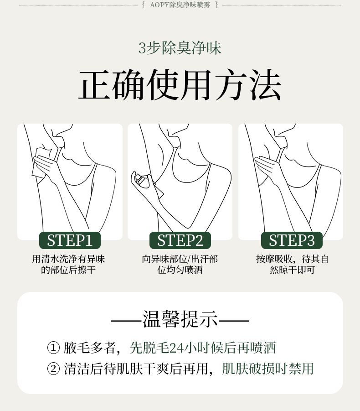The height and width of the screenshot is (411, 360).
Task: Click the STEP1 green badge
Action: [x=70, y=240]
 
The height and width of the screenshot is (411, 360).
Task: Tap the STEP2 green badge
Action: [x=180, y=240]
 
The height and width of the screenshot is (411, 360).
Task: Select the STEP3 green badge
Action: [x=292, y=240]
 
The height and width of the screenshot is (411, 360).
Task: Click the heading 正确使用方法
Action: [x=180, y=85]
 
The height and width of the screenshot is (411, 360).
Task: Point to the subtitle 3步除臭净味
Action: [x=180, y=48]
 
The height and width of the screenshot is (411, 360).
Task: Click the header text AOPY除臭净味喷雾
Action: [x=180, y=5]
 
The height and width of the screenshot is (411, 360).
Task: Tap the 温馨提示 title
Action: [x=180, y=319]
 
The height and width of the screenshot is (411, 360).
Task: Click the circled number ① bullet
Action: [x=53, y=348]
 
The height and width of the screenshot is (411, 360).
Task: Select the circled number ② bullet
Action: [x=53, y=369]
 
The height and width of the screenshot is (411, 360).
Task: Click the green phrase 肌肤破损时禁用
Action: [x=267, y=369]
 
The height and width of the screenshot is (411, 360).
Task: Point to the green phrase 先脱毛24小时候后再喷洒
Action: [x=203, y=348]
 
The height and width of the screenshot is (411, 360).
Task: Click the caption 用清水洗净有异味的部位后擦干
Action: [x=68, y=264]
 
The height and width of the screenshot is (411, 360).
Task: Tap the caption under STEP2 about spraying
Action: [x=180, y=264]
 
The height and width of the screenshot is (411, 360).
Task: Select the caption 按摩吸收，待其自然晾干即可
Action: [x=292, y=264]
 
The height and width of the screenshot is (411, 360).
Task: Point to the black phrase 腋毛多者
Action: [x=89, y=348]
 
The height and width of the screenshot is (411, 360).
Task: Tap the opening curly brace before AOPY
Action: [x=143, y=5]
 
